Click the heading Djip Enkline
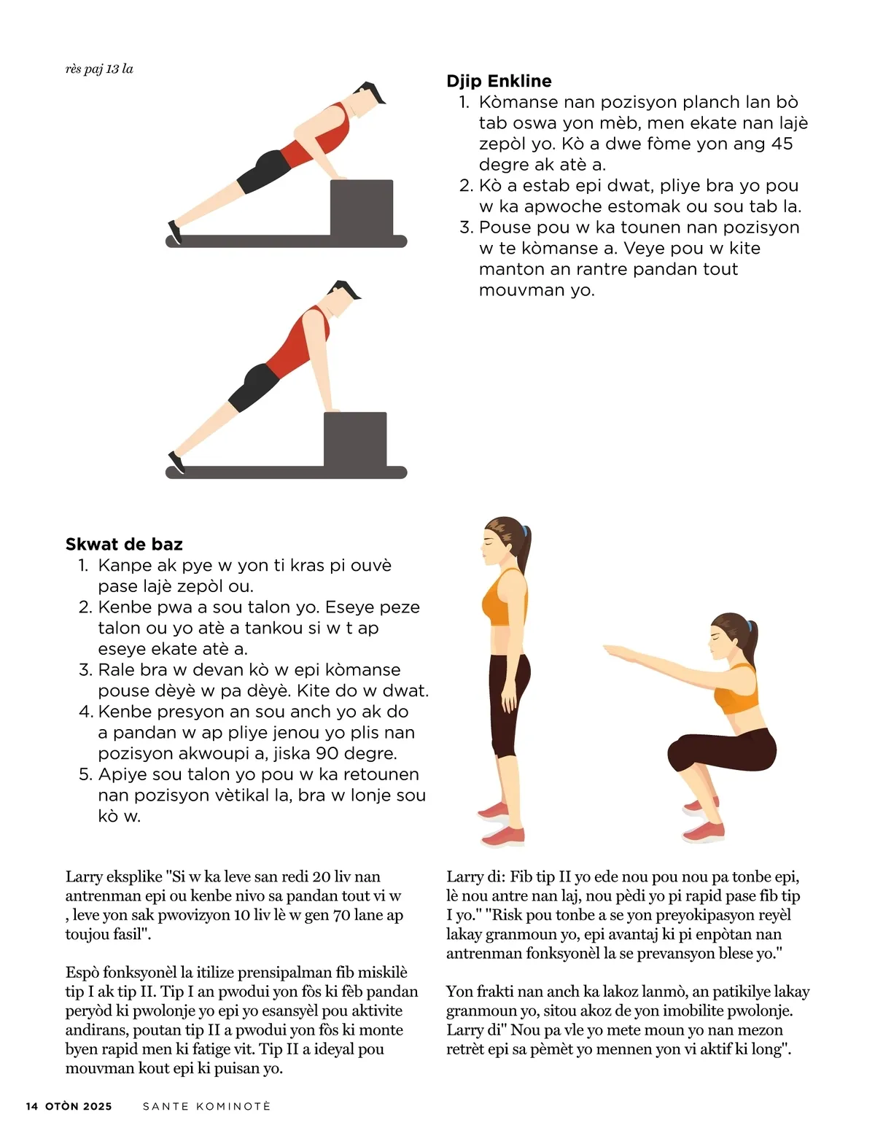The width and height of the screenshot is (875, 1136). pos(499,81)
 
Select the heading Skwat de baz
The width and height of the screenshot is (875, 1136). pos(124,544)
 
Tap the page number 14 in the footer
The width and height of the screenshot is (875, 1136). pos(32,1106)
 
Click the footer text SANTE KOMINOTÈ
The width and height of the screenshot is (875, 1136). pos(206,1106)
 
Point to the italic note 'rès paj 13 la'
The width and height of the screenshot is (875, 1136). pos(99,69)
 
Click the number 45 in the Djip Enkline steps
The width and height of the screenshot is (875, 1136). pos(782,144)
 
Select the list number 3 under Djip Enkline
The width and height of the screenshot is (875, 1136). pos(466,227)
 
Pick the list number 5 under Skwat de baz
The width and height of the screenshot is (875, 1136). pos(85,774)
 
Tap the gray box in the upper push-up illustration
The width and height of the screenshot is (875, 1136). pos(361,208)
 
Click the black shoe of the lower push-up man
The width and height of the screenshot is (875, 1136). pos(176,463)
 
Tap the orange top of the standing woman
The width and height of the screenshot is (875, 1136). pos(504,598)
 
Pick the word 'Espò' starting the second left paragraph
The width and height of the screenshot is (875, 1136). pos(82,973)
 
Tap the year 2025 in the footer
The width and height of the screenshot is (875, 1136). pos(98,1106)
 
